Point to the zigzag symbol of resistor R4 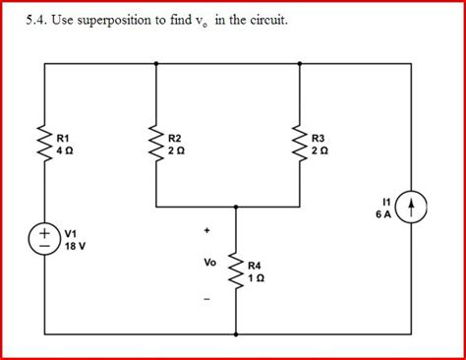coord(236,270)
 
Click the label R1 coord(64,137)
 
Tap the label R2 coord(175,137)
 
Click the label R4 coord(255,265)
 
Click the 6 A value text coord(384,211)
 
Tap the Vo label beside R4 coord(209,263)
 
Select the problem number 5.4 coord(37,20)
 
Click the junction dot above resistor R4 coord(236,208)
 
